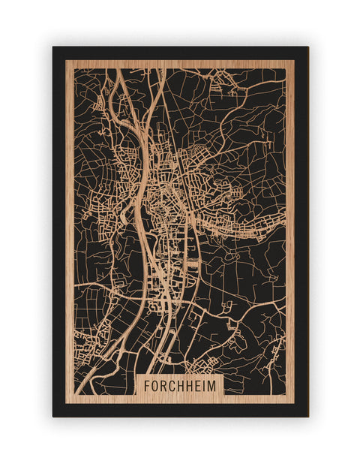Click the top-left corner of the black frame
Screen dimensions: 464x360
tap(53, 47)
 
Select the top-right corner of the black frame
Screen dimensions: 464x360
tap(307, 47)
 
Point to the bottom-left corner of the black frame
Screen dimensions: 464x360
tap(53, 416)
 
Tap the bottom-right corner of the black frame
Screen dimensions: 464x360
tap(307, 416)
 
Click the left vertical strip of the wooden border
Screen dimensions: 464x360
tap(69, 225)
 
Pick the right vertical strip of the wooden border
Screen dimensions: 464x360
tap(289, 225)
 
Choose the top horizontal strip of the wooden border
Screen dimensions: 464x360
tap(180, 64)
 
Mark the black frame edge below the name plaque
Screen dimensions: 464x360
tap(180, 409)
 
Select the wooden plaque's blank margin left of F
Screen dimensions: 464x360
tap(139, 386)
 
